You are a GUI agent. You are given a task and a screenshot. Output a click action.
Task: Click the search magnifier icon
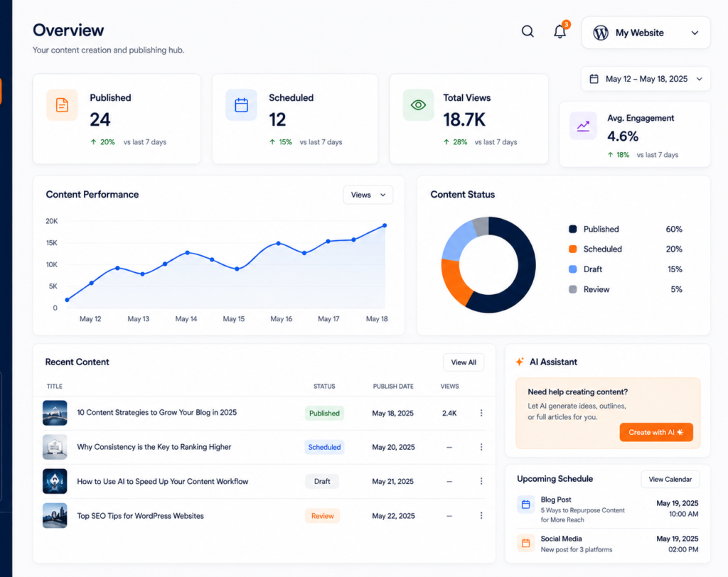528,31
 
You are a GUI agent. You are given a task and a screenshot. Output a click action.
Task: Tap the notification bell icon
560,31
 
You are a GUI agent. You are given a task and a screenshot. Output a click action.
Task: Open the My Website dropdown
646,33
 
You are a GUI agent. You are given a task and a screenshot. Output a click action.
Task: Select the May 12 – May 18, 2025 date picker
646,79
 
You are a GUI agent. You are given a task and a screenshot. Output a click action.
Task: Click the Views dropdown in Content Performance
368,195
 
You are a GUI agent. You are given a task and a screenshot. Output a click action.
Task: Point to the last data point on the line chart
385,225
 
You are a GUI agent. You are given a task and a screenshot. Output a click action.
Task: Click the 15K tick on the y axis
51,243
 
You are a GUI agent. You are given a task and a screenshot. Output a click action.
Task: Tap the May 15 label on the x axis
233,319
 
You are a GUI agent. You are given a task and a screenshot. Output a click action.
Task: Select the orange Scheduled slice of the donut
455,282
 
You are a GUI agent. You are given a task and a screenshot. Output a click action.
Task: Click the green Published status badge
324,413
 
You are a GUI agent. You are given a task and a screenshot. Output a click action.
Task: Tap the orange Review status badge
323,516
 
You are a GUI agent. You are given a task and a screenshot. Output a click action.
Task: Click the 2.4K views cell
449,413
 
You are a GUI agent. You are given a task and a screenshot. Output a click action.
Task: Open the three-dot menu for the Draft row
481,481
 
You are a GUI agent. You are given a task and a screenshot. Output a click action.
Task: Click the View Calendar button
670,480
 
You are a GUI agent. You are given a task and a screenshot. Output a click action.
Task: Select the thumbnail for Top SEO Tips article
55,516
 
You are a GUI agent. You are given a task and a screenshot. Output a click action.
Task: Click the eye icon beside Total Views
418,105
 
